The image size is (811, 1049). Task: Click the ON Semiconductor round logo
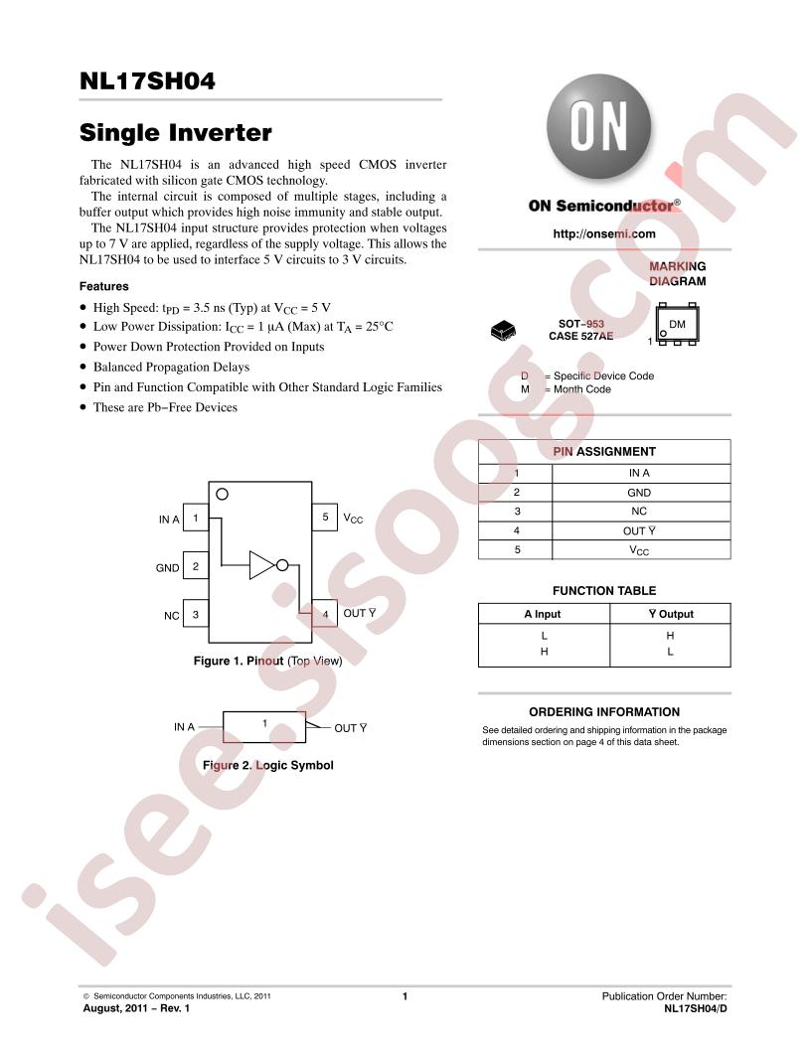pos(598,126)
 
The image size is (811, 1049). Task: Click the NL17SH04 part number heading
pos(147,80)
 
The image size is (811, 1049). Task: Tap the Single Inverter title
pos(175,132)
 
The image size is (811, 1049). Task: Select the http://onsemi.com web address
pos(603,233)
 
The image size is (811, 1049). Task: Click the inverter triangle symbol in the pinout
pos(261,565)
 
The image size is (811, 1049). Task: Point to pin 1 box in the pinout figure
pos(196,518)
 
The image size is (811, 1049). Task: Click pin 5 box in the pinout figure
pos(325,518)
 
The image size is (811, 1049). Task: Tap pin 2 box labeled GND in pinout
pos(196,566)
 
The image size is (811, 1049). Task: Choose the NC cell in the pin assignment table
pos(639,512)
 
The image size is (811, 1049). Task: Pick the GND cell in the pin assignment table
pos(639,493)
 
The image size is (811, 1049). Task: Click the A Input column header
pos(543,614)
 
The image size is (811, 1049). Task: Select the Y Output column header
pos(671,614)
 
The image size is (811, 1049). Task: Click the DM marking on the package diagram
pos(677,325)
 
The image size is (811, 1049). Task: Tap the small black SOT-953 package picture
pos(503,330)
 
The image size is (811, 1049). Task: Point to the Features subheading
pos(103,286)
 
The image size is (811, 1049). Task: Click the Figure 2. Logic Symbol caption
pos(267,765)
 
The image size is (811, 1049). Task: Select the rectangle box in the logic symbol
pos(264,727)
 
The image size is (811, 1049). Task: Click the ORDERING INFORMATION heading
pos(604,712)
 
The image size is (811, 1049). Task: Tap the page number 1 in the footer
pos(405,996)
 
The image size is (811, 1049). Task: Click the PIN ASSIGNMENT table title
pos(604,452)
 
